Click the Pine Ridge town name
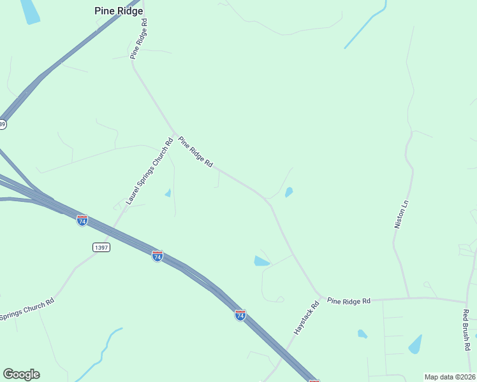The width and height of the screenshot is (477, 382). tap(118, 11)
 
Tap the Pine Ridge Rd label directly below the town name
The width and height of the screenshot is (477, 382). tap(139, 39)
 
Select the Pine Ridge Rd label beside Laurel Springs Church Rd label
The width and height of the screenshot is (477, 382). tap(195, 152)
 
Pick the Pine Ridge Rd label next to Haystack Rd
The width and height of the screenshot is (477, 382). tap(348, 301)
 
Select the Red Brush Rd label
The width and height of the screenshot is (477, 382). tap(466, 330)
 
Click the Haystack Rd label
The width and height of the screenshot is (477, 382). tap(305, 318)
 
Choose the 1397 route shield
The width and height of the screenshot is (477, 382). tap(101, 247)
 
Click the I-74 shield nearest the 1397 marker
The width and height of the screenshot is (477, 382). tap(82, 220)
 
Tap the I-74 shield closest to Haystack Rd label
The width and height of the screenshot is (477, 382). tap(240, 315)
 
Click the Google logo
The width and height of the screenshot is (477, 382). tap(21, 374)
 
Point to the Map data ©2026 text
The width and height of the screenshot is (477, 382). tap(450, 377)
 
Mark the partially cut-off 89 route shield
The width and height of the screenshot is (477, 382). tap(3, 124)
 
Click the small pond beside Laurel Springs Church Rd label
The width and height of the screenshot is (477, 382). tap(168, 193)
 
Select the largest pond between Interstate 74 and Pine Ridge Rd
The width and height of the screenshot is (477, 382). tap(261, 261)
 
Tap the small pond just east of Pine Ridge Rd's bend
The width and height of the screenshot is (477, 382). tap(289, 192)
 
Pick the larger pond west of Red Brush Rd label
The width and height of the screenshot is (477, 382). tap(415, 344)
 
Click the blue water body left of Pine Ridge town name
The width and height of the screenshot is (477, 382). tap(29, 11)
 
